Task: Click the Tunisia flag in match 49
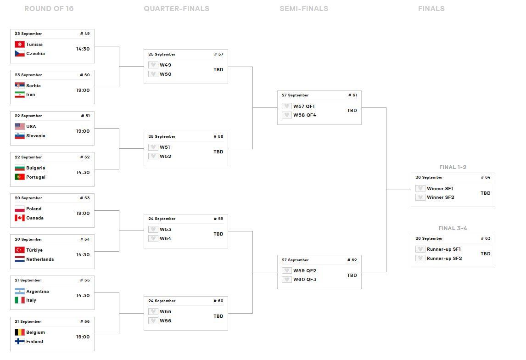pos(19,45)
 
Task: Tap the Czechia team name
pos(35,54)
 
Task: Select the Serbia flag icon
pos(19,86)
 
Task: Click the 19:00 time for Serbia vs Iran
pos(83,90)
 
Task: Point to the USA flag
pos(19,127)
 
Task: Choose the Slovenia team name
pos(36,136)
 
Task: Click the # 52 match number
pos(85,157)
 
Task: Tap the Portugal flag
pos(19,177)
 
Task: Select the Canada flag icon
pos(19,218)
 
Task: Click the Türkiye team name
pos(34,250)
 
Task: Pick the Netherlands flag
pos(19,259)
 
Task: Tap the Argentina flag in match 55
pos(19,292)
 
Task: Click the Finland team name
pos(34,342)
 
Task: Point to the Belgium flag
pos(19,332)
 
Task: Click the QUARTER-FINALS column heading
pos(176,9)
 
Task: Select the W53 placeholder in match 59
pos(165,230)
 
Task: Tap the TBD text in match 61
pos(352,111)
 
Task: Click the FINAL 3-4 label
pos(453,228)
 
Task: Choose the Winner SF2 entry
pos(440,197)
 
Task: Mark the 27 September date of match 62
pos(295,260)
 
